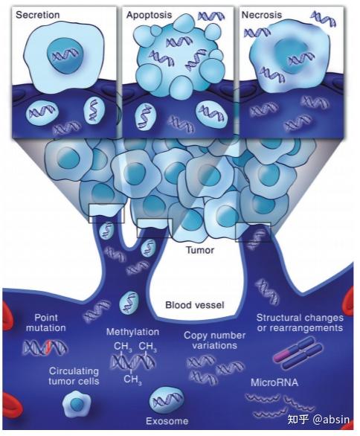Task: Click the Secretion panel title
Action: [37, 15]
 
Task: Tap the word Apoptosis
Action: [149, 15]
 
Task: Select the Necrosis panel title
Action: [262, 15]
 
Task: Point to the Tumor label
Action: [200, 250]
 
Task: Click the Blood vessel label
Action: [195, 305]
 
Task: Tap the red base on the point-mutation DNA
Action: [49, 348]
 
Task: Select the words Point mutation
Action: [46, 323]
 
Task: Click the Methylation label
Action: [132, 332]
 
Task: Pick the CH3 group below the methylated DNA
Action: [132, 379]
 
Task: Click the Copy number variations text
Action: [215, 340]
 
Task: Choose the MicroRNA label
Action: [274, 382]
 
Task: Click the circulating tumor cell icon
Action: [77, 403]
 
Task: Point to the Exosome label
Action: [167, 421]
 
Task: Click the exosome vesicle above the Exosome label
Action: [166, 400]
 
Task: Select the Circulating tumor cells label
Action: [74, 376]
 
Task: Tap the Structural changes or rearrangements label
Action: [300, 323]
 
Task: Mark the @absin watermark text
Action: [331, 420]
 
